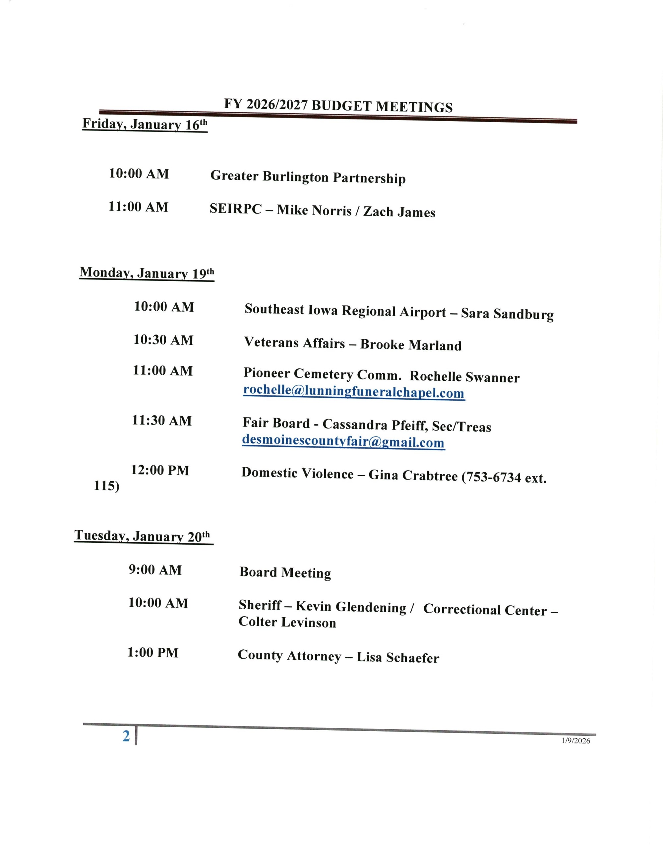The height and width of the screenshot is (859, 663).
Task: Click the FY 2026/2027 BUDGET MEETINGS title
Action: (338, 106)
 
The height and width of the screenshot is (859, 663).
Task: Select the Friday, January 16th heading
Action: (145, 124)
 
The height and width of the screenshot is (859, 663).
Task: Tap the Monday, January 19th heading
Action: (147, 273)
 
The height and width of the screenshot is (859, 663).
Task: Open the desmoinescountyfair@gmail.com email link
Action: (343, 441)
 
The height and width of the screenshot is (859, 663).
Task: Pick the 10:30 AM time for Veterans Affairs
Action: (163, 340)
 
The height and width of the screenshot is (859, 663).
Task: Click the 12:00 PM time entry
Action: (160, 470)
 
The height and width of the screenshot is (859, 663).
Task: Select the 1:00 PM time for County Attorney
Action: (153, 652)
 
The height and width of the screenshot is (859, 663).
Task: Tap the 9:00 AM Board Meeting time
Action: (155, 570)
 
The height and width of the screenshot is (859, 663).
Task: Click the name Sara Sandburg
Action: (507, 314)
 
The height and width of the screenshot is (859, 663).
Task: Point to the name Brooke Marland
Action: (411, 345)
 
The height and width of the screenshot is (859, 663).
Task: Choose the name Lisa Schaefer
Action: (398, 658)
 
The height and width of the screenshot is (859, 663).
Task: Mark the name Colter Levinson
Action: (287, 622)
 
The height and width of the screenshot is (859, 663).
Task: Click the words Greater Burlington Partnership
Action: (308, 177)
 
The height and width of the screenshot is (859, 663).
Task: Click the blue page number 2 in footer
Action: (126, 736)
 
